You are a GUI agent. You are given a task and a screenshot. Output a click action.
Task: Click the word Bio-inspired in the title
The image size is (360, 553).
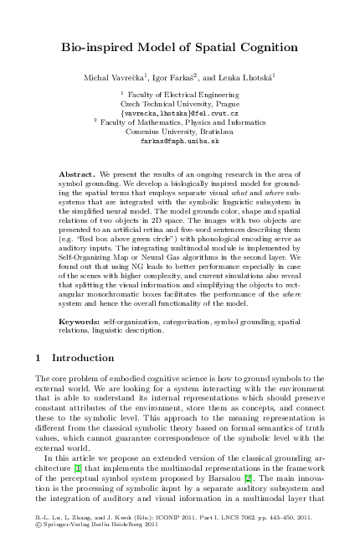pos(94,50)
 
